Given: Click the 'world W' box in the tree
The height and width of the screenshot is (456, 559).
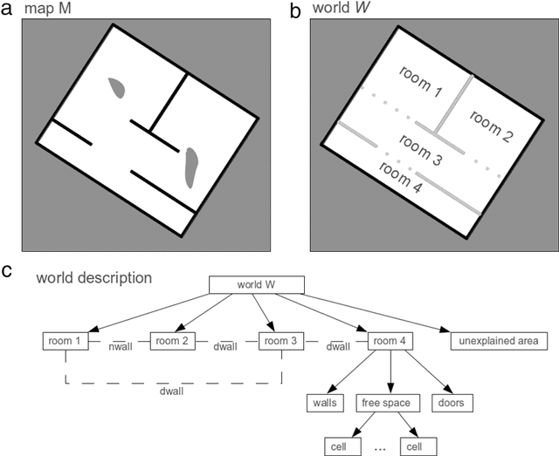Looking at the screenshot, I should click(x=255, y=285).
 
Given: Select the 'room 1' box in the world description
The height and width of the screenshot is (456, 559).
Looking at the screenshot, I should click(x=66, y=340).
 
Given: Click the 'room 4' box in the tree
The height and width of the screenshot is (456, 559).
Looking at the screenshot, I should click(x=390, y=340).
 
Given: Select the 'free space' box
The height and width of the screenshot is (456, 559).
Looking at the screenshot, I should click(x=390, y=403).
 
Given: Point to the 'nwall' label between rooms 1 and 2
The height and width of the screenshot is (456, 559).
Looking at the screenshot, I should click(x=121, y=347).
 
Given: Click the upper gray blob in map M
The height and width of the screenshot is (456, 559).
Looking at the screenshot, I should click(x=117, y=87).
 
